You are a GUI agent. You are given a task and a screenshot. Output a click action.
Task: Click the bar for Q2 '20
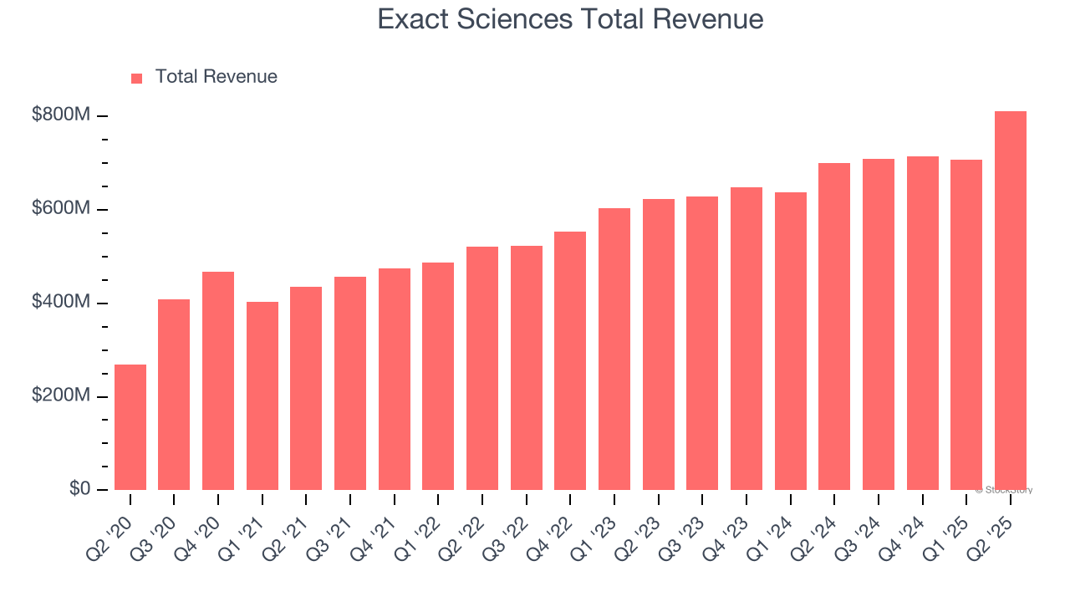point(130,427)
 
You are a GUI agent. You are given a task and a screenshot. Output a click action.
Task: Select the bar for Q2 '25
point(1011,300)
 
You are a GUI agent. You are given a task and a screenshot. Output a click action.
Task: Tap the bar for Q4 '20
point(218,380)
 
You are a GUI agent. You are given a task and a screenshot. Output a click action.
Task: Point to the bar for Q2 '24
point(834,326)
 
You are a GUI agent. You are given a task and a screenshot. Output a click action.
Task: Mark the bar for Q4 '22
point(570,360)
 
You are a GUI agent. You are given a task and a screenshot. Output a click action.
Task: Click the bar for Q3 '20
point(174,395)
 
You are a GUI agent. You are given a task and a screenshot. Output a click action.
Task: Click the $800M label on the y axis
point(61,115)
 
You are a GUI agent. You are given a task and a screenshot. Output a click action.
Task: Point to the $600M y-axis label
point(61,208)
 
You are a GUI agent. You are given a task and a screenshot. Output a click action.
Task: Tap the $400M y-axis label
point(61,302)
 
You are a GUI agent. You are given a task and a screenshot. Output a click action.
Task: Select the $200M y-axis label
point(61,395)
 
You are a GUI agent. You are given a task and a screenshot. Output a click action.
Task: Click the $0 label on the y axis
point(79,489)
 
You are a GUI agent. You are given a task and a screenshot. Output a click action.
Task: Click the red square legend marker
point(137,78)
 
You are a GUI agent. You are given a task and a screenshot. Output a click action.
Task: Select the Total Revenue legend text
point(216,77)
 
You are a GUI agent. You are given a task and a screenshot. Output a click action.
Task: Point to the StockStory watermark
point(1004,490)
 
